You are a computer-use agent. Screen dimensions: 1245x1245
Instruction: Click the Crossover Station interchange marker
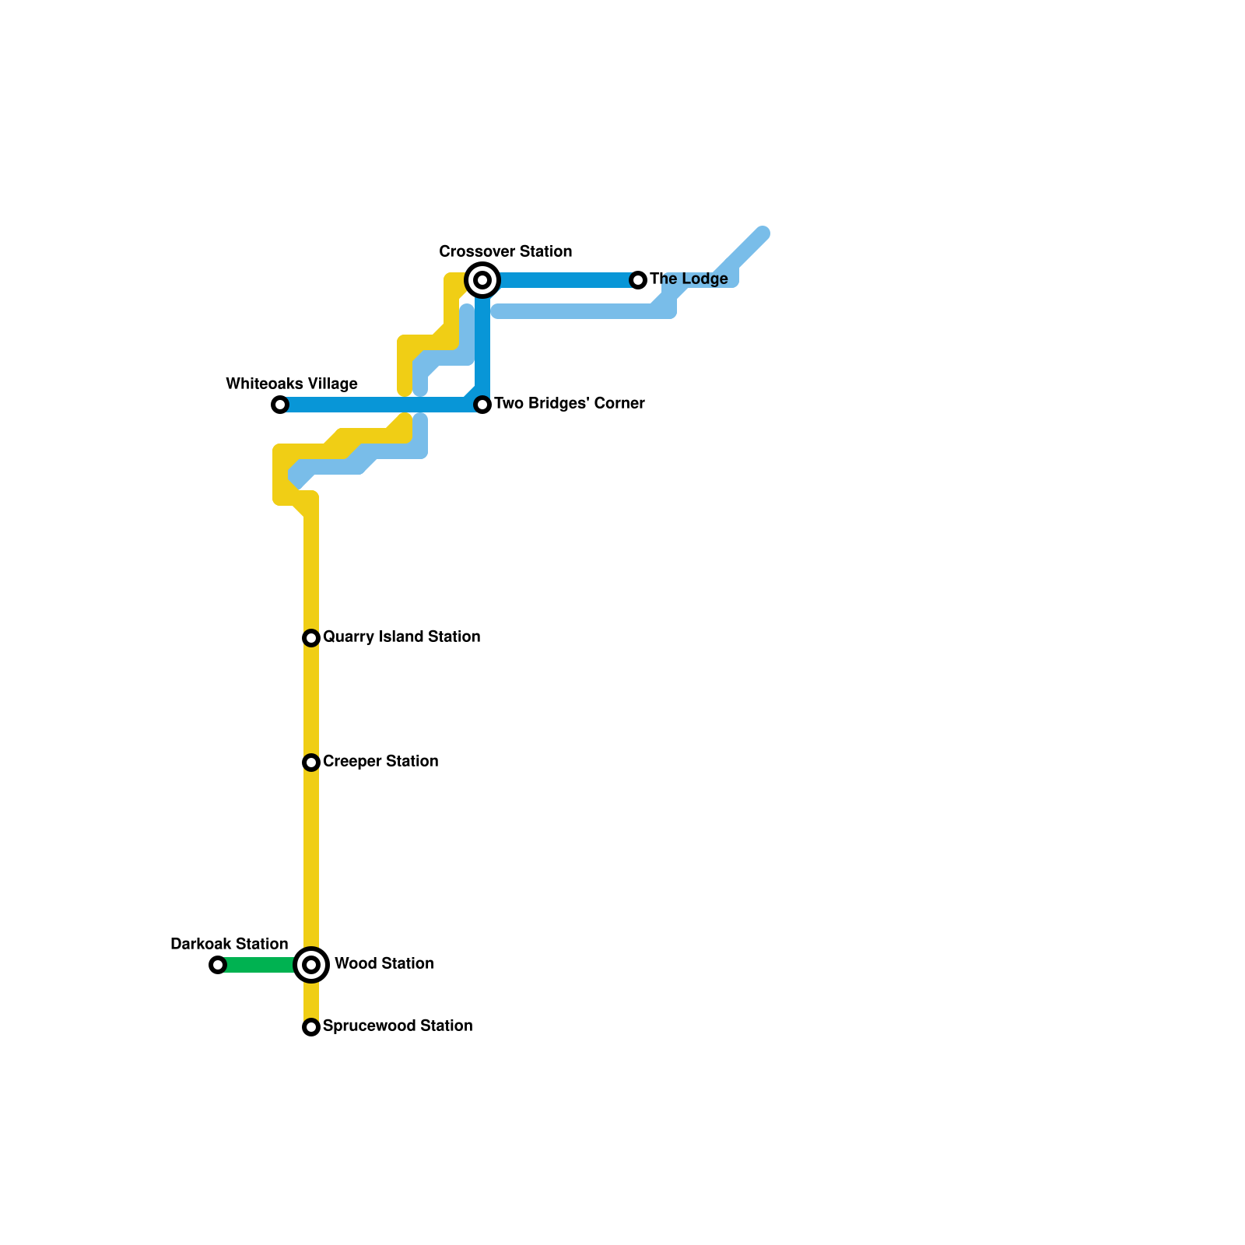point(482,280)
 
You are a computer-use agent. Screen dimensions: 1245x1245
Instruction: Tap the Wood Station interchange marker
point(311,965)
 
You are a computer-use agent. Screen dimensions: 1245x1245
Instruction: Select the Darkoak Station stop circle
point(218,965)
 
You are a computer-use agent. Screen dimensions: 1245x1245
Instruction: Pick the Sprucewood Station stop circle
point(311,1027)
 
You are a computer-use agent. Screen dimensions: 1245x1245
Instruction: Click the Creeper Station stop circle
point(311,763)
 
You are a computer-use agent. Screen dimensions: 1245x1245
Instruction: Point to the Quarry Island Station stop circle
point(311,638)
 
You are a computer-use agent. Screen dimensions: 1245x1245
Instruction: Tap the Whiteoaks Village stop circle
point(280,405)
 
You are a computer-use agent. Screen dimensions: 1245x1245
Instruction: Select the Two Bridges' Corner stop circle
point(482,405)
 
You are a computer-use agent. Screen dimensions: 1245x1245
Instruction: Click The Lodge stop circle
point(638,280)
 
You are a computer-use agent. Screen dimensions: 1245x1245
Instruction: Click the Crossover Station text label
point(505,251)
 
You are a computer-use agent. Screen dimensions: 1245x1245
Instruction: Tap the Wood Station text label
point(384,963)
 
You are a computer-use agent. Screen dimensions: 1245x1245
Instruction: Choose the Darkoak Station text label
point(229,944)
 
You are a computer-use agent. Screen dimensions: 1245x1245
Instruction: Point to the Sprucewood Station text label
point(398,1026)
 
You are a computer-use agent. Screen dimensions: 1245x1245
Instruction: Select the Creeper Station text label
point(381,761)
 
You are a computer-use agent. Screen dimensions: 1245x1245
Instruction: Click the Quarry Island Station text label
point(402,637)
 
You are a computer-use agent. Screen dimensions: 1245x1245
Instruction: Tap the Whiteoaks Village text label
point(292,384)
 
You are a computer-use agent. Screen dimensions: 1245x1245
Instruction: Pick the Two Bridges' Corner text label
point(569,403)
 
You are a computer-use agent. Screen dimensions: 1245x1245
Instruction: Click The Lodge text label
point(689,279)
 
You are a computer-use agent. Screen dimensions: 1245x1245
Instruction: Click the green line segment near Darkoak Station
point(257,965)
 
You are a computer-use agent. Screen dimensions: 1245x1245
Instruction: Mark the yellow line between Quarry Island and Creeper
point(311,700)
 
